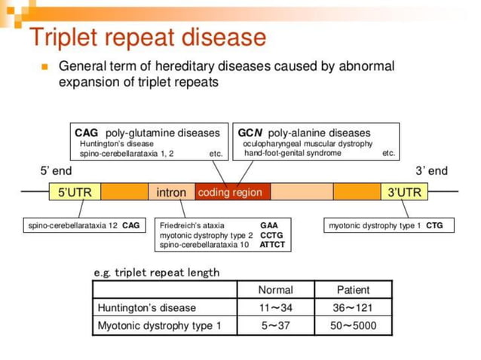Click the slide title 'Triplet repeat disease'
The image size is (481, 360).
coord(147,36)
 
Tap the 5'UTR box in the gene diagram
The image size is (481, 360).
coord(75,192)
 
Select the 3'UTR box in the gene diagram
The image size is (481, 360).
coord(404,192)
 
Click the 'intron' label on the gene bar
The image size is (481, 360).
coord(171,192)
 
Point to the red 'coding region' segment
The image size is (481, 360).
coord(230,192)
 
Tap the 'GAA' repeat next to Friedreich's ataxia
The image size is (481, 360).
coord(269,225)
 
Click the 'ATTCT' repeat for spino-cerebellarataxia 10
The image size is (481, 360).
coord(272,245)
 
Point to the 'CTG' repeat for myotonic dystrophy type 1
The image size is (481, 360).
coord(434,225)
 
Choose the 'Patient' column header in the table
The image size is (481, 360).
coord(354,289)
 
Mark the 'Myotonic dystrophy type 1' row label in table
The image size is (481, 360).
coord(159,325)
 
